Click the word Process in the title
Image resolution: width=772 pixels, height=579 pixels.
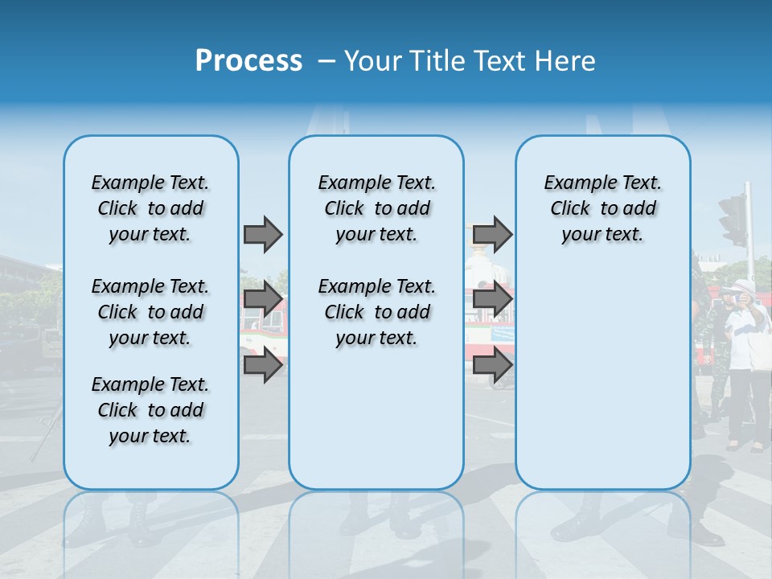point(248,61)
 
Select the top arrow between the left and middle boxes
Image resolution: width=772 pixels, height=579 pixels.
point(263,234)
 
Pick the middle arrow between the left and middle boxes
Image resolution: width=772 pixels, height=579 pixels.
point(263,300)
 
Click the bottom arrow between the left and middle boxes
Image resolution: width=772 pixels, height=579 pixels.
point(263,366)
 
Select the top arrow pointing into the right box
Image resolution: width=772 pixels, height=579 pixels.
point(492,234)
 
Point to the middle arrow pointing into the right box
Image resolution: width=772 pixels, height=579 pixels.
point(492,300)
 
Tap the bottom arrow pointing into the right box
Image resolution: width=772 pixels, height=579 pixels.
point(492,366)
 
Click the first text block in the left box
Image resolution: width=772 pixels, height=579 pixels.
point(150,208)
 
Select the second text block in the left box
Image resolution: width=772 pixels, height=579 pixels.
point(150,312)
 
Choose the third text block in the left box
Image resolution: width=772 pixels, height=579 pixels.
point(150,410)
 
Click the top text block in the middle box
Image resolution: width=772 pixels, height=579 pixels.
point(376,208)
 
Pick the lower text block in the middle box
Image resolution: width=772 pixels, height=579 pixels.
point(376,312)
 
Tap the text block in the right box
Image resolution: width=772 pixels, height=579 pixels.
point(603,208)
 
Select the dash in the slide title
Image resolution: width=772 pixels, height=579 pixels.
point(326,61)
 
